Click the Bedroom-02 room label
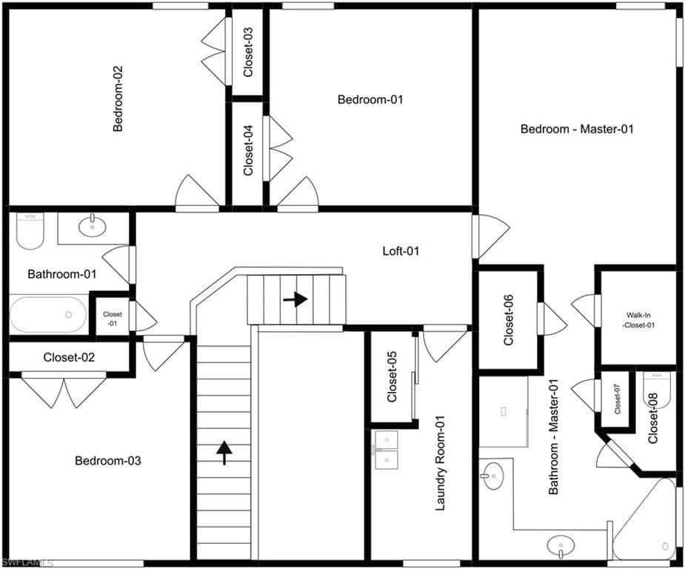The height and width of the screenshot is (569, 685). pos(118,99)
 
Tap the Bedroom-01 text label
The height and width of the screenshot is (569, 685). pos(370,99)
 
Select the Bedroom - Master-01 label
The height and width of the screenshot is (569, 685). pos(577,129)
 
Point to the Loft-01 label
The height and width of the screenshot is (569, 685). pos(401,251)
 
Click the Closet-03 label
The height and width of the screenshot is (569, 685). pos(247,53)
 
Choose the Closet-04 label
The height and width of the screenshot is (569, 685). pos(247,150)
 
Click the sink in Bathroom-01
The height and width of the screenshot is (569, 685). pos(92,225)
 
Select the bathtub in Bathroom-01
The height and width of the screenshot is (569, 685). pos(48,315)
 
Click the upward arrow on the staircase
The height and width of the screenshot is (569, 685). pos(224,453)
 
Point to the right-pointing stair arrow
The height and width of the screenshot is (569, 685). pos(295,299)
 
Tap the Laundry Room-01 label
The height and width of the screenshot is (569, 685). pos(441,463)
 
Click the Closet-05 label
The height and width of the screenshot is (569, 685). pos(392,376)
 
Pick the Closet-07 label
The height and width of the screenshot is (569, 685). pos(618,399)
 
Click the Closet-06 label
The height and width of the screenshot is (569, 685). pos(509,320)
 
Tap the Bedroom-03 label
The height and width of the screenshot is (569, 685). pos(108,461)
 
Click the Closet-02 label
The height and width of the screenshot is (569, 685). pos(69,358)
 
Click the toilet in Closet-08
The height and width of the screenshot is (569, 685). pos(657,390)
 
